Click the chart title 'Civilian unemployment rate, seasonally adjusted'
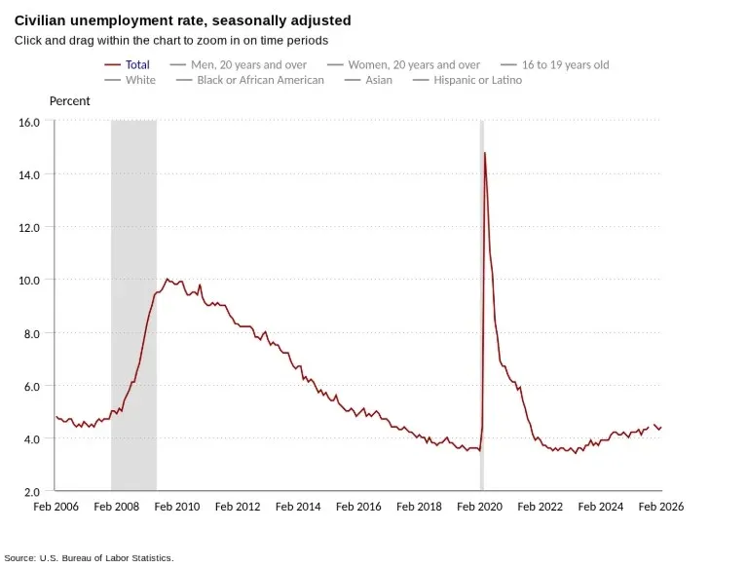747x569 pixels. [183, 20]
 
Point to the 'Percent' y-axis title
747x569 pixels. [69, 101]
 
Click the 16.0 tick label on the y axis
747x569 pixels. [29, 122]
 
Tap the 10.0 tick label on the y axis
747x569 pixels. [29, 280]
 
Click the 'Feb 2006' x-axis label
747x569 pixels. [56, 507]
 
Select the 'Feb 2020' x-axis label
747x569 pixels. [480, 507]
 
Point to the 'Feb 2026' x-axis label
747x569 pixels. [661, 507]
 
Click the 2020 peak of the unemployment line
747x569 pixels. [484, 153]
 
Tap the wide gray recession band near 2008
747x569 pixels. [133, 292]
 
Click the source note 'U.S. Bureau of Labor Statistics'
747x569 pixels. [106, 557]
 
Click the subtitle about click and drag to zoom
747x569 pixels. [170, 41]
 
